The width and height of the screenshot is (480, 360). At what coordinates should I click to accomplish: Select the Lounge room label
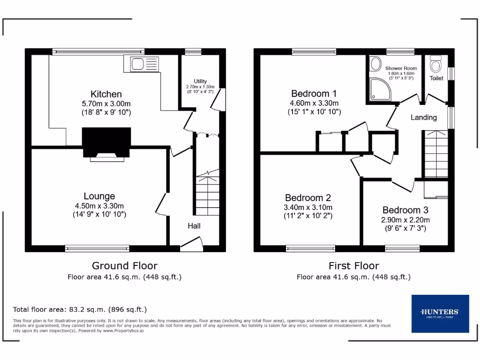point(99,196)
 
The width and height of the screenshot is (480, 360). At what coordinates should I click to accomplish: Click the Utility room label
point(200,81)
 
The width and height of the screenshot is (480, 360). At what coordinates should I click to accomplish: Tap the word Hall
point(194,226)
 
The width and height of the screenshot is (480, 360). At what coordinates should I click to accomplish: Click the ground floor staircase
point(207,195)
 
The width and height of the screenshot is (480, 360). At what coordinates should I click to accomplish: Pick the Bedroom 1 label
point(314,93)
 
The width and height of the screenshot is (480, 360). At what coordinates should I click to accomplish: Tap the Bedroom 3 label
point(405,210)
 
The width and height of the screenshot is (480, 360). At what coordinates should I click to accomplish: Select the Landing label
point(423,117)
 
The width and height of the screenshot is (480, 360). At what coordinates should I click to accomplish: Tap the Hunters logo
point(440,313)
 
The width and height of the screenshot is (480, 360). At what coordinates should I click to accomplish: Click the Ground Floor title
point(124,266)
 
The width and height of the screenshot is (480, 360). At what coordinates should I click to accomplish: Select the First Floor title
point(353,266)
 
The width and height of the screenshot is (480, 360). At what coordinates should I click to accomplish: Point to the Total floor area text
point(80,309)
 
